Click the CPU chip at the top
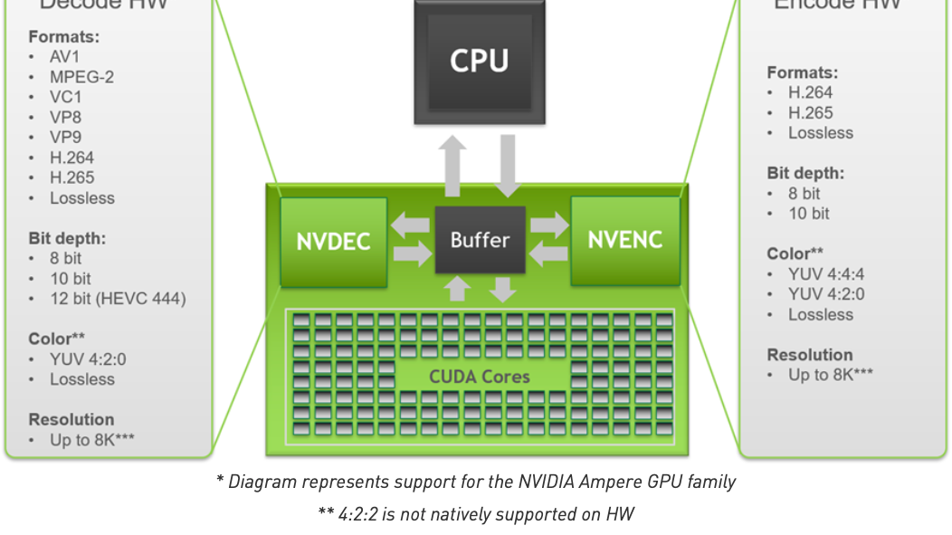coord(480,62)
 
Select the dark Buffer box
coord(480,240)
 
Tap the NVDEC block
coord(333,242)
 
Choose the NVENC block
coord(624,240)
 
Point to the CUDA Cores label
coord(480,377)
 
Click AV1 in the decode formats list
coord(65,57)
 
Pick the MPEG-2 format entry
coord(81,77)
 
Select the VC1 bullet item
coord(65,97)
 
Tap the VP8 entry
coord(65,118)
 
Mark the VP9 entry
coord(65,138)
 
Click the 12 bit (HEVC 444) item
coord(118,299)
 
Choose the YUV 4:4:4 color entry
coord(826,274)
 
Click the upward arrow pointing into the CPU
coord(453,165)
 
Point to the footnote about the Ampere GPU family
coord(476,482)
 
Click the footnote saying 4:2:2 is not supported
coord(476,514)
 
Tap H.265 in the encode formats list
coord(810,113)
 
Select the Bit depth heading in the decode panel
coord(67,239)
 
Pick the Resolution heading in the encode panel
coord(810,355)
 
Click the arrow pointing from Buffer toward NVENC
coord(548,225)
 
